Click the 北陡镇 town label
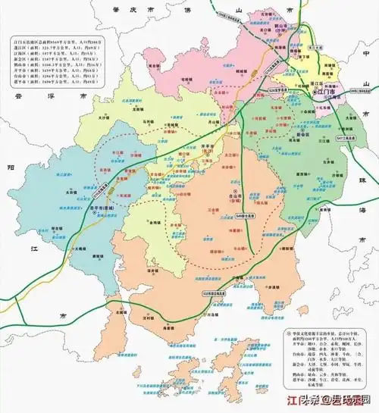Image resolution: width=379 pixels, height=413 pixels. (x=118, y=311)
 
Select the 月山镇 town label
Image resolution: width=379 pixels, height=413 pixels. (x=211, y=120)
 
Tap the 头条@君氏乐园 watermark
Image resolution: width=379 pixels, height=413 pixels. (x=327, y=401)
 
